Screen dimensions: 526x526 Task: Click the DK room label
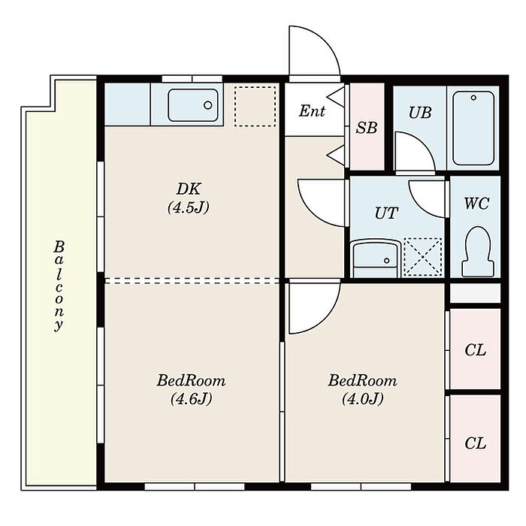point(189,189)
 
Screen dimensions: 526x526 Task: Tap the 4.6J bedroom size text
point(191,399)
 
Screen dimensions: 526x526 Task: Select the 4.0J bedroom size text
point(363,399)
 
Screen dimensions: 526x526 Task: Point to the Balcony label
point(59,286)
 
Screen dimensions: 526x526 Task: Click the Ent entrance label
point(312,110)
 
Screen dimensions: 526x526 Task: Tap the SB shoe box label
point(367,128)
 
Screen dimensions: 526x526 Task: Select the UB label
point(420,113)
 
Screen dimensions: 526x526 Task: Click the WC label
point(476,204)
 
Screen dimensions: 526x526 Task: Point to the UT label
point(386,213)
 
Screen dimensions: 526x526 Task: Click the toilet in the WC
point(478,252)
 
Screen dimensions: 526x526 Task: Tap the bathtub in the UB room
point(473,128)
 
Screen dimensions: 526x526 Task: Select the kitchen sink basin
point(193,105)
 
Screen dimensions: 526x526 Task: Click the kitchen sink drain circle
point(208,105)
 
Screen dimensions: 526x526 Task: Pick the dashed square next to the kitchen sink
point(255,107)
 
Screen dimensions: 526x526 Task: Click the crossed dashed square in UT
point(422,257)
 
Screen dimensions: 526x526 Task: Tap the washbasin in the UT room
point(376,258)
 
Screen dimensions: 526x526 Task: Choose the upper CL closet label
point(475,351)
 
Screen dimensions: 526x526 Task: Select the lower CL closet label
point(475,443)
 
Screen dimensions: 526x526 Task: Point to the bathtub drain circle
point(473,98)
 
